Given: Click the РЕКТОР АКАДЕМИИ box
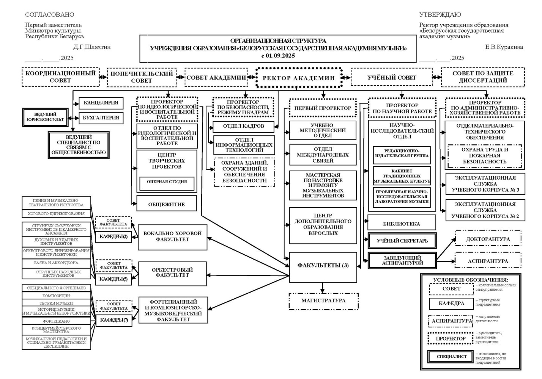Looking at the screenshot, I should coord(299,78).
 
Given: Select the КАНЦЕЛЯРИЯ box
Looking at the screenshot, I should coord(101,103).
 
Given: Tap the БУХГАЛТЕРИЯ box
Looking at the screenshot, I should coord(101,118).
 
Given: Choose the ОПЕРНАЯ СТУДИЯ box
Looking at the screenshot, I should coord(167,182).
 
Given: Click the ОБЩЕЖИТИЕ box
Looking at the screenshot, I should coord(167,204).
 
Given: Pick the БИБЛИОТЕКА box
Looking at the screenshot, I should coord(402,224).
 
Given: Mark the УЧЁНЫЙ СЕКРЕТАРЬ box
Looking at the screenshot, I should coord(402,241).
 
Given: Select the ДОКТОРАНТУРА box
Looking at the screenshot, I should coord(488,239).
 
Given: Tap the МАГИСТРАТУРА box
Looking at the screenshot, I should coord(323,301).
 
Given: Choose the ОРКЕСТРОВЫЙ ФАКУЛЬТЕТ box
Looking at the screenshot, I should coord(172,273).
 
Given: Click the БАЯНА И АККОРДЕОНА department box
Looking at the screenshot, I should coord(56,263).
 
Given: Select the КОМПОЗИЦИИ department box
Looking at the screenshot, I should coord(56,296).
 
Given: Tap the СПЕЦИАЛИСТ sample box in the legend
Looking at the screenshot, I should coord(452,357).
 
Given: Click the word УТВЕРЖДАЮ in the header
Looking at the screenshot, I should coord(440,15).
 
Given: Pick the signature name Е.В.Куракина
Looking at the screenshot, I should coord(504,47).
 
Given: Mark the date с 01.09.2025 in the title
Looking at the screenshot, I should coord(278,56).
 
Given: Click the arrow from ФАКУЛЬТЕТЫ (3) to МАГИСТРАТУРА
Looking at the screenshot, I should coord(323,288).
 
